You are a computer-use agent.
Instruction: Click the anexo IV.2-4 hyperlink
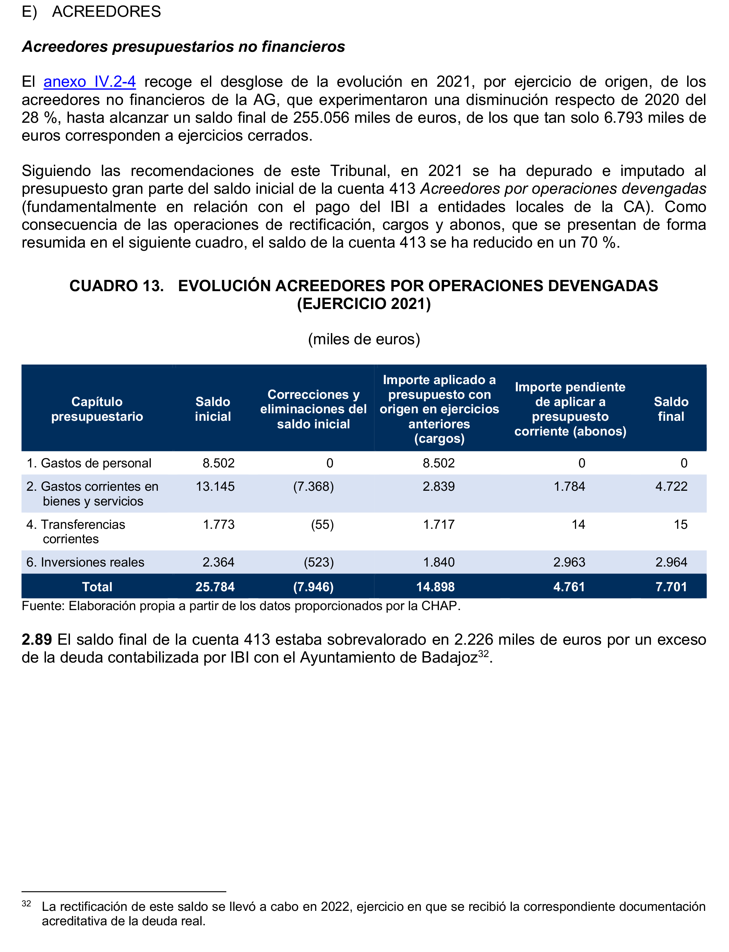pos(89,82)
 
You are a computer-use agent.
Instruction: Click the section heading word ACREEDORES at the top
pos(106,11)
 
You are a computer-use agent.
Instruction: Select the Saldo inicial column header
pos(213,409)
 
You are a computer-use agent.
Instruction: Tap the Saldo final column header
pos(671,409)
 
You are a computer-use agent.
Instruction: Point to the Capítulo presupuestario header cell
pos(97,409)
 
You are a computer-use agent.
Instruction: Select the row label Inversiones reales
pos(92,562)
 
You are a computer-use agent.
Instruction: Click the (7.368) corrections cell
pos(313,486)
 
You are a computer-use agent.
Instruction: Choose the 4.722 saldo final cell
pos(671,486)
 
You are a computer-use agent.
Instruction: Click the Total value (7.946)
pos(313,587)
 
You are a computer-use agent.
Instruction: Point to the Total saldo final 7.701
pos(671,587)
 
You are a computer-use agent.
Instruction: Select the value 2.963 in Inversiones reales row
pos(569,562)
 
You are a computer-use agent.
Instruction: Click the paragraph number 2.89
pos(37,640)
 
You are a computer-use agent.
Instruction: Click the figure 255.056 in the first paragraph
pos(321,118)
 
